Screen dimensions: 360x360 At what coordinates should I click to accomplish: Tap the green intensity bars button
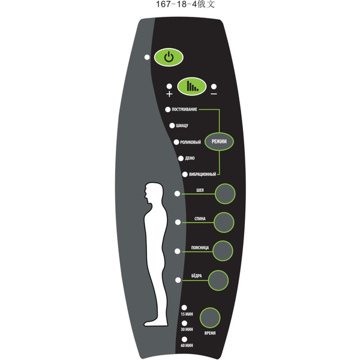(191, 86)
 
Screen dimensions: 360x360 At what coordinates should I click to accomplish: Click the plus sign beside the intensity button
(169, 94)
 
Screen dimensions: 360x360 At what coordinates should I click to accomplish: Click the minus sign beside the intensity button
(214, 94)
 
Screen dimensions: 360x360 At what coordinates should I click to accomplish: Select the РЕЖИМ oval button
(219, 142)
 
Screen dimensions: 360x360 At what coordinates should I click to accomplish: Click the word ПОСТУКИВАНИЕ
(184, 110)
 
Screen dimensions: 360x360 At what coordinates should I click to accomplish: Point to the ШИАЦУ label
(182, 126)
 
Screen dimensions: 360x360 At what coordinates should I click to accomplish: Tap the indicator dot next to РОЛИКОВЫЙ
(176, 142)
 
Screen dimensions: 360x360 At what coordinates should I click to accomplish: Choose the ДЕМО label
(190, 158)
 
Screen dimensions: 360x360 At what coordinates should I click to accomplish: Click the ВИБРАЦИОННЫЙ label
(203, 175)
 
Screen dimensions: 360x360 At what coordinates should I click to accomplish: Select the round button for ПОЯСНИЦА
(223, 251)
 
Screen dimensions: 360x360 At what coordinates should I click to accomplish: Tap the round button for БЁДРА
(218, 280)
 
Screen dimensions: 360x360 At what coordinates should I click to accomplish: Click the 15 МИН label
(187, 314)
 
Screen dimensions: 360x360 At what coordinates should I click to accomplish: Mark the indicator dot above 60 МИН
(184, 340)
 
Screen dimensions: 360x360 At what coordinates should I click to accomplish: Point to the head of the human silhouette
(153, 193)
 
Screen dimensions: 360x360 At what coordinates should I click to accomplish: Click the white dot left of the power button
(147, 57)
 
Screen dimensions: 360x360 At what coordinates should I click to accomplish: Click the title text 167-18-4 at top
(176, 4)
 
